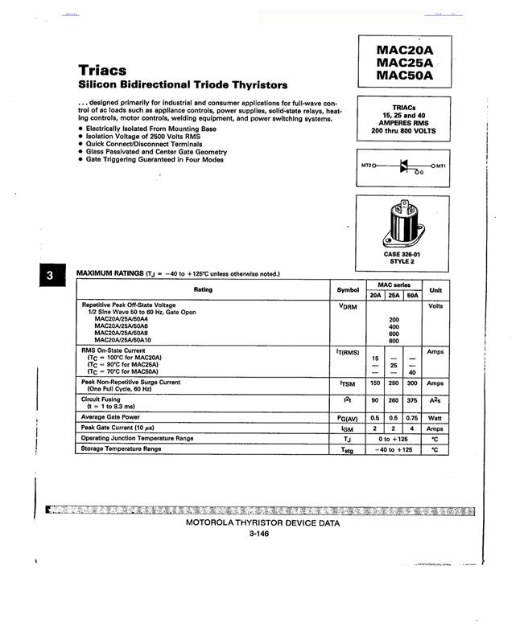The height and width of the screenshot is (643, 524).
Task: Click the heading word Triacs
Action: pos(102,70)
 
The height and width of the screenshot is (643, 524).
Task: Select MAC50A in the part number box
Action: pos(404,76)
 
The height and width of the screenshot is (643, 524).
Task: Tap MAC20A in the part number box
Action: pos(404,49)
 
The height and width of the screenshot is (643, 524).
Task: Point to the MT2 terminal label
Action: pos(366,166)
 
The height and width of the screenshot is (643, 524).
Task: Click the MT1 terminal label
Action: pos(440,166)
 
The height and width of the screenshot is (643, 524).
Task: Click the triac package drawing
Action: pos(403,226)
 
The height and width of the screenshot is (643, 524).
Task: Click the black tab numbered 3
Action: pos(49,276)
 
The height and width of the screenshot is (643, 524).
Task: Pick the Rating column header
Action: pos(203,289)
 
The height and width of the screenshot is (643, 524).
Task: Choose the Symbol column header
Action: pos(348,289)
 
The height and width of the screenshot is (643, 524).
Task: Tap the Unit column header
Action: pos(435,289)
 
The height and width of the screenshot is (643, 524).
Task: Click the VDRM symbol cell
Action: pos(348,306)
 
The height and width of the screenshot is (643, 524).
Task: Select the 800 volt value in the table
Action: pos(394,341)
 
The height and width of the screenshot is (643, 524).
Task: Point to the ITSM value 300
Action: pos(412,383)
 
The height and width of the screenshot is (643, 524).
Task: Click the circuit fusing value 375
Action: pos(412,399)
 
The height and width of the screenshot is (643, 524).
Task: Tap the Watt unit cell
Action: pos(435,417)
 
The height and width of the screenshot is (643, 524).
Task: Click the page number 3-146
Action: pos(259,534)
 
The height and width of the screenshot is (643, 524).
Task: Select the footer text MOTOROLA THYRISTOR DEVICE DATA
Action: pos(262,522)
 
